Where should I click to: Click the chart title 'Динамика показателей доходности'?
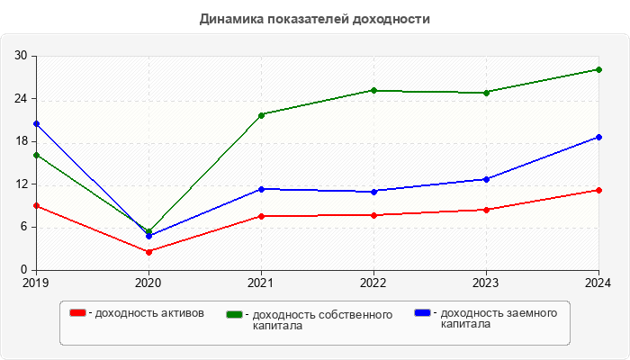(315, 18)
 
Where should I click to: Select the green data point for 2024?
(598, 69)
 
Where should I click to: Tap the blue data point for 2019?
(36, 123)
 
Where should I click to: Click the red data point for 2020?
(148, 251)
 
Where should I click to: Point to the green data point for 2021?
(261, 115)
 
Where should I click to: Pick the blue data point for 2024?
(598, 137)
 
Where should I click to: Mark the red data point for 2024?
(598, 190)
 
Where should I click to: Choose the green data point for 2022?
(373, 90)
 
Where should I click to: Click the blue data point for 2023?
(486, 179)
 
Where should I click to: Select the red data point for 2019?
(36, 206)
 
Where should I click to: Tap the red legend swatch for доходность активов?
(78, 313)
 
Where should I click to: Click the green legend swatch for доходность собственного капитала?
(235, 314)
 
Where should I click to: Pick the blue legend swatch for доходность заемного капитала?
(422, 313)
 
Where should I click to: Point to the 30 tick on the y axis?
(21, 56)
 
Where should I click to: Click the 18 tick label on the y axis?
(21, 141)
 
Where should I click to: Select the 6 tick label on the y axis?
(24, 227)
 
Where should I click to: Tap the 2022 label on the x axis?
(373, 283)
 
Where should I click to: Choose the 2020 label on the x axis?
(148, 283)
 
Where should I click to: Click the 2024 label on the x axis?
(598, 283)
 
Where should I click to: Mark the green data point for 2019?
(36, 155)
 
